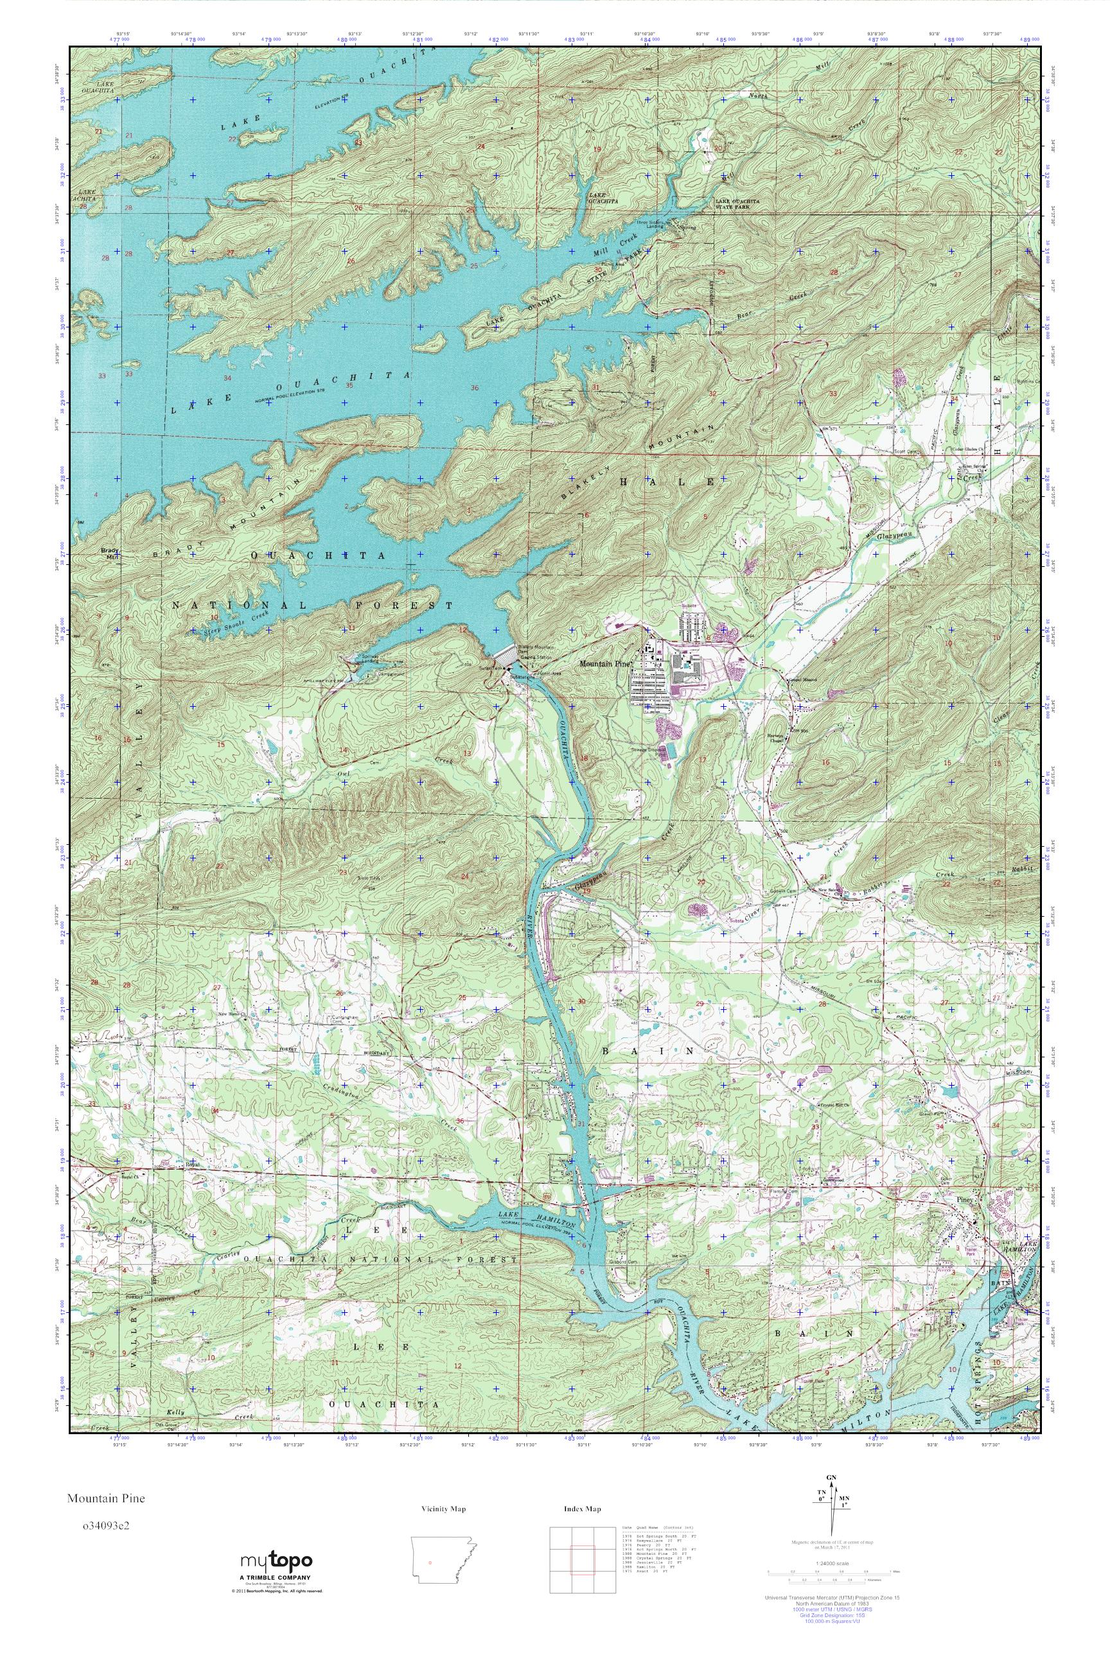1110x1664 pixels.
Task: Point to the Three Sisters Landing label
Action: [650, 223]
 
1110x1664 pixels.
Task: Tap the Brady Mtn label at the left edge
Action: [109, 553]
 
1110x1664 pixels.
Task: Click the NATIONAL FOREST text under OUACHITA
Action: [312, 606]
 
